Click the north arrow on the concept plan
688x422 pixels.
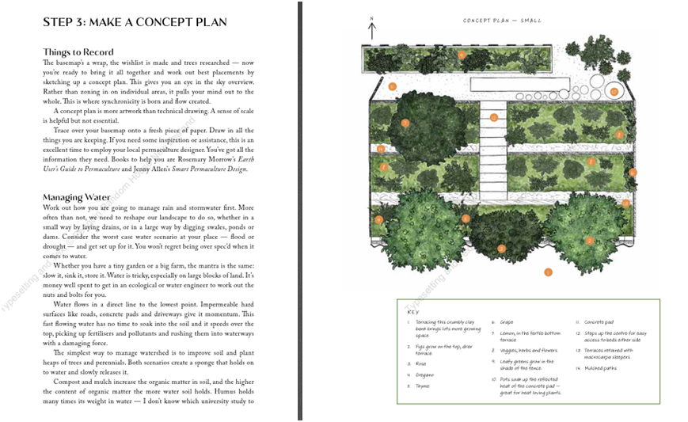(x=372, y=30)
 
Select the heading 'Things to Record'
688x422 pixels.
(x=79, y=52)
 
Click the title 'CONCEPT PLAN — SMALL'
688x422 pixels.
(x=496, y=21)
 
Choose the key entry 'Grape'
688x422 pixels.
(x=507, y=322)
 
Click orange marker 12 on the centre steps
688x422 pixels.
(x=493, y=117)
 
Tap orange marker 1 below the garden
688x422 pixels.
(x=548, y=272)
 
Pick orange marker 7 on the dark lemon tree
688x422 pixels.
(x=405, y=123)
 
